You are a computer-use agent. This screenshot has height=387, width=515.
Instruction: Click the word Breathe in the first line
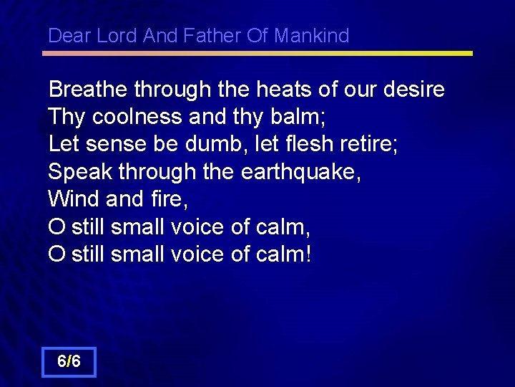(87, 90)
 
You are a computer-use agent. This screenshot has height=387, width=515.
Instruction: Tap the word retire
(376, 144)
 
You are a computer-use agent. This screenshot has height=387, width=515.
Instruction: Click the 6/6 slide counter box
(69, 362)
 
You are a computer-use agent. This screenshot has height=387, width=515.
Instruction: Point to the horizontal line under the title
(257, 53)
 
